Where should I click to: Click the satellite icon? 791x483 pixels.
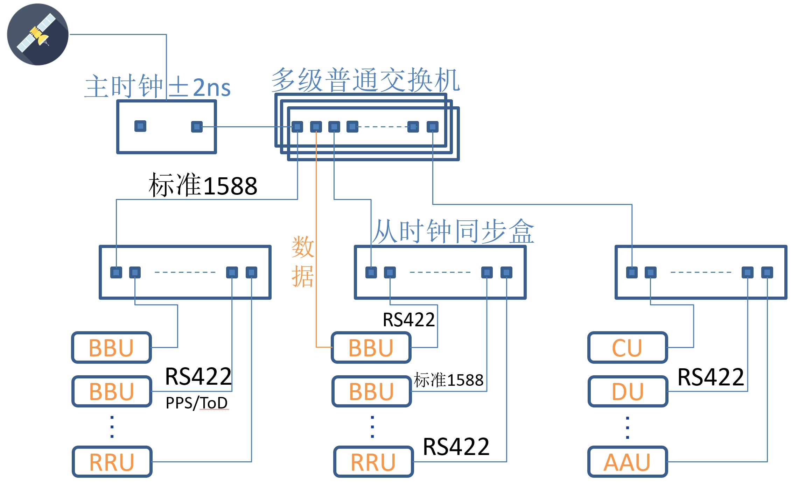click(x=37, y=34)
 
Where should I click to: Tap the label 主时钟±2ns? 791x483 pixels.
click(x=157, y=87)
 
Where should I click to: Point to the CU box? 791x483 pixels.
click(x=628, y=348)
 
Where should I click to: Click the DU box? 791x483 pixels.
click(x=628, y=391)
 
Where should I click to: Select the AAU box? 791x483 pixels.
click(x=628, y=462)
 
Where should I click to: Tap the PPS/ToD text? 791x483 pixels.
click(x=196, y=403)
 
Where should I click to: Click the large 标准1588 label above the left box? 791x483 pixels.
click(x=203, y=185)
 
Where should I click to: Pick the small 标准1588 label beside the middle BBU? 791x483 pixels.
click(x=448, y=380)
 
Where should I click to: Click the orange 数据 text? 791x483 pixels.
click(x=303, y=262)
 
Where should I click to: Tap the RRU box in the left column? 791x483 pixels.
click(x=112, y=462)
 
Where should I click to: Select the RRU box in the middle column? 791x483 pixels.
click(x=373, y=462)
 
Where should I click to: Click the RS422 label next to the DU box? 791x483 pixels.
click(x=710, y=377)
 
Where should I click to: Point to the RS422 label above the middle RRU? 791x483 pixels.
click(x=456, y=447)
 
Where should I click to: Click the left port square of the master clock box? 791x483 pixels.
click(x=140, y=126)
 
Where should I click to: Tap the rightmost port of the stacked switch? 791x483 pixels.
click(x=433, y=127)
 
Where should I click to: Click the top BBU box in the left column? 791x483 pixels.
click(x=111, y=348)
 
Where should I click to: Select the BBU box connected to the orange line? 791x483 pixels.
click(x=371, y=348)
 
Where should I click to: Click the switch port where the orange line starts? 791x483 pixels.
click(x=316, y=127)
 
